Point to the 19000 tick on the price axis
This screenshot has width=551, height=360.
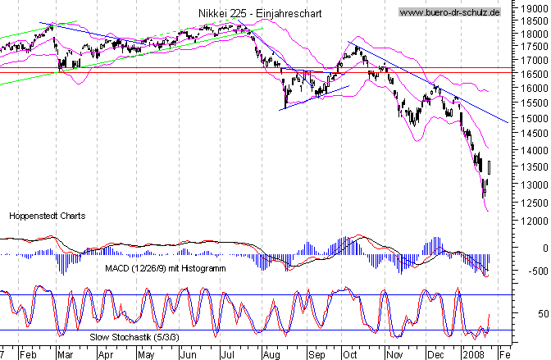coord(533,7)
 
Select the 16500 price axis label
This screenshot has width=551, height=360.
coord(533,74)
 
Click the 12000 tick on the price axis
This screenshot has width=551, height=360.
coord(533,221)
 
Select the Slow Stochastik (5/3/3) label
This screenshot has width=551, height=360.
coord(135,336)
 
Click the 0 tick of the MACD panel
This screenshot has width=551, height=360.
coord(538,247)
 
